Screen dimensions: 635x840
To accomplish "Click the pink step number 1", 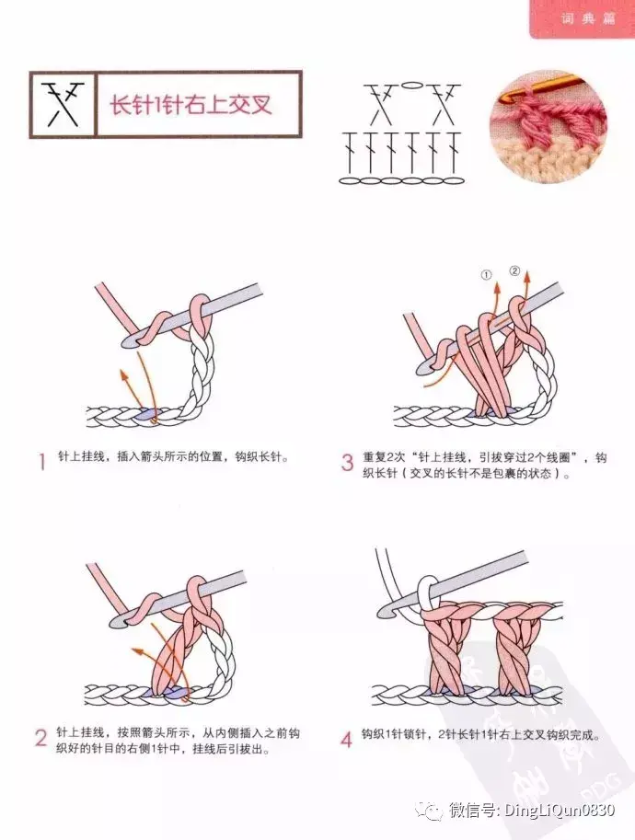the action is click(x=42, y=461).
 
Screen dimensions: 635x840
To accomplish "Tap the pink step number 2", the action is click(x=41, y=738).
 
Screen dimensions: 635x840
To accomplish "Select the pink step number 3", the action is click(x=347, y=462).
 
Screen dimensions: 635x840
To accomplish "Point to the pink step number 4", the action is click(x=347, y=740).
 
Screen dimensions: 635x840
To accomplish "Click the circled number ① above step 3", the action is click(x=486, y=275).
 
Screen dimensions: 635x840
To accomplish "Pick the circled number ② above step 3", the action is click(x=514, y=270).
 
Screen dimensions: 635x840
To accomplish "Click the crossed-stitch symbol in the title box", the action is click(x=63, y=105).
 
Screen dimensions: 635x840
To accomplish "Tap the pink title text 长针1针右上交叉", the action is click(x=190, y=105).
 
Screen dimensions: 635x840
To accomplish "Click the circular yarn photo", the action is click(x=548, y=128).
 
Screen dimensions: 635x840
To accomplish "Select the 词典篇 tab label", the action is click(x=587, y=18).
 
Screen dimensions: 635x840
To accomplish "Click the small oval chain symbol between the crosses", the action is click(x=410, y=85).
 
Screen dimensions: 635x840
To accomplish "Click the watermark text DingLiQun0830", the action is click(x=560, y=810).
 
